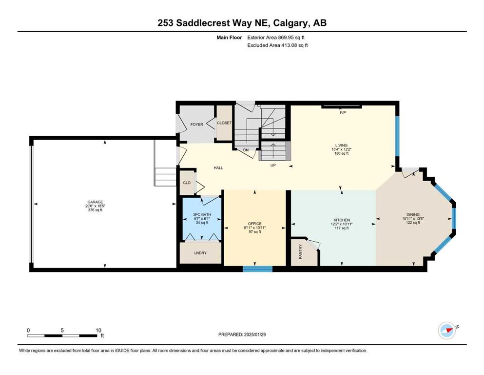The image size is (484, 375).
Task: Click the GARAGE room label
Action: (x=95, y=202)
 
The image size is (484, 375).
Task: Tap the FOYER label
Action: (x=196, y=125)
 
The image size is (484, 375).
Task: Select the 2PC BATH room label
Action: (x=202, y=214)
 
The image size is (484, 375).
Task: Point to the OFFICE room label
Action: (x=254, y=224)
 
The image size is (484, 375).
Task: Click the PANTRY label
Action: (x=300, y=251)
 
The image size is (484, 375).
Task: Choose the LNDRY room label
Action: (x=200, y=253)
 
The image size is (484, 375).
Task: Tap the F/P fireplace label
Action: (x=343, y=112)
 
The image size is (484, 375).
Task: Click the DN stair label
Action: (x=246, y=150)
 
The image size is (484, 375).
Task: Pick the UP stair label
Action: (x=273, y=166)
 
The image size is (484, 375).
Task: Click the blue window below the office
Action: (x=258, y=269)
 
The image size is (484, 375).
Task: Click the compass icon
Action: (x=447, y=331)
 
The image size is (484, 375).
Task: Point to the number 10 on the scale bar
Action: (x=98, y=330)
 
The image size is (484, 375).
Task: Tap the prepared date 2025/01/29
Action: (x=255, y=334)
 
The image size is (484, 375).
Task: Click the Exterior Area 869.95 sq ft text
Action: (x=276, y=38)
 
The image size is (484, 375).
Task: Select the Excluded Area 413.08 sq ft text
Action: (x=277, y=45)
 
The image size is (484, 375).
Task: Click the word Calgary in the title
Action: (x=290, y=23)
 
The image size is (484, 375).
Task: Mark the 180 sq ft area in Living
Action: (x=341, y=153)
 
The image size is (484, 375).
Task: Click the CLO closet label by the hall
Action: (x=187, y=183)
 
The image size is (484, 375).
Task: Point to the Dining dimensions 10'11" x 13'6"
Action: (x=413, y=218)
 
